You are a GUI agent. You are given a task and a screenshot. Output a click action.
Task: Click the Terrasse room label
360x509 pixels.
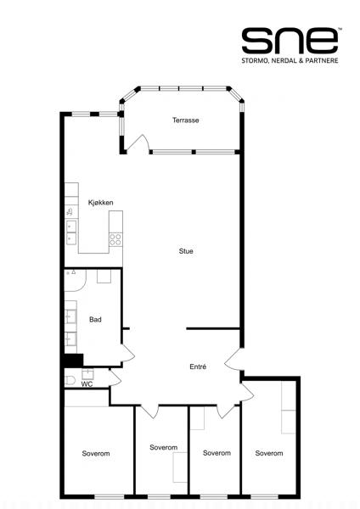point(186,120)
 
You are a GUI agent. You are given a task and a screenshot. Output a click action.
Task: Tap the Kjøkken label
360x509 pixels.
point(101,203)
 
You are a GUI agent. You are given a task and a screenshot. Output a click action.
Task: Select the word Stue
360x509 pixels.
point(186,251)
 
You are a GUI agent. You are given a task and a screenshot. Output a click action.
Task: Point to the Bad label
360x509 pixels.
point(95,320)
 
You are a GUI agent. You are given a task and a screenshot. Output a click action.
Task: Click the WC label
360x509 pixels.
point(87,384)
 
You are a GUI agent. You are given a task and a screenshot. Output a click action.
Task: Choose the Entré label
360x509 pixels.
point(198,366)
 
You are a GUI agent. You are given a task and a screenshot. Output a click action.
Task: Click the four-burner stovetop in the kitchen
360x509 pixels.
point(115,239)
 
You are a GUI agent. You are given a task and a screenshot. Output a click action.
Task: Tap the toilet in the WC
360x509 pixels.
point(70,380)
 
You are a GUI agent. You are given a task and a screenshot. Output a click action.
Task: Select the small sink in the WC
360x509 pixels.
point(87,374)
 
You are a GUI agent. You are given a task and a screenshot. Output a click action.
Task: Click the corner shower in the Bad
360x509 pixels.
point(75,280)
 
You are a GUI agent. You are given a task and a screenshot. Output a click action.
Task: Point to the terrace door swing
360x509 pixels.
point(138,143)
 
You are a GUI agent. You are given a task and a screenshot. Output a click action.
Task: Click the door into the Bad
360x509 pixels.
point(127,353)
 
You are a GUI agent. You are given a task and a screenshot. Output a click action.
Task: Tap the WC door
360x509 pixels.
point(115,378)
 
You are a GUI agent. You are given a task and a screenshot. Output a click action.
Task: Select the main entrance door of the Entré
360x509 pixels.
point(233,359)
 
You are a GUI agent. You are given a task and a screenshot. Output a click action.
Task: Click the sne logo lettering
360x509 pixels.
point(290,41)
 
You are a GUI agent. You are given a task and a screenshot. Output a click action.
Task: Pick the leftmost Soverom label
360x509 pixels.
point(96,453)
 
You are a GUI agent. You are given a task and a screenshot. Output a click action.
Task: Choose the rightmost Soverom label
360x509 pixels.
point(268,453)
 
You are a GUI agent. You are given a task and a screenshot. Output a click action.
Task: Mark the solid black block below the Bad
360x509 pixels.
point(74,360)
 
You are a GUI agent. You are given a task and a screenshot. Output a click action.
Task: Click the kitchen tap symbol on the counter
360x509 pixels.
point(70,212)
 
